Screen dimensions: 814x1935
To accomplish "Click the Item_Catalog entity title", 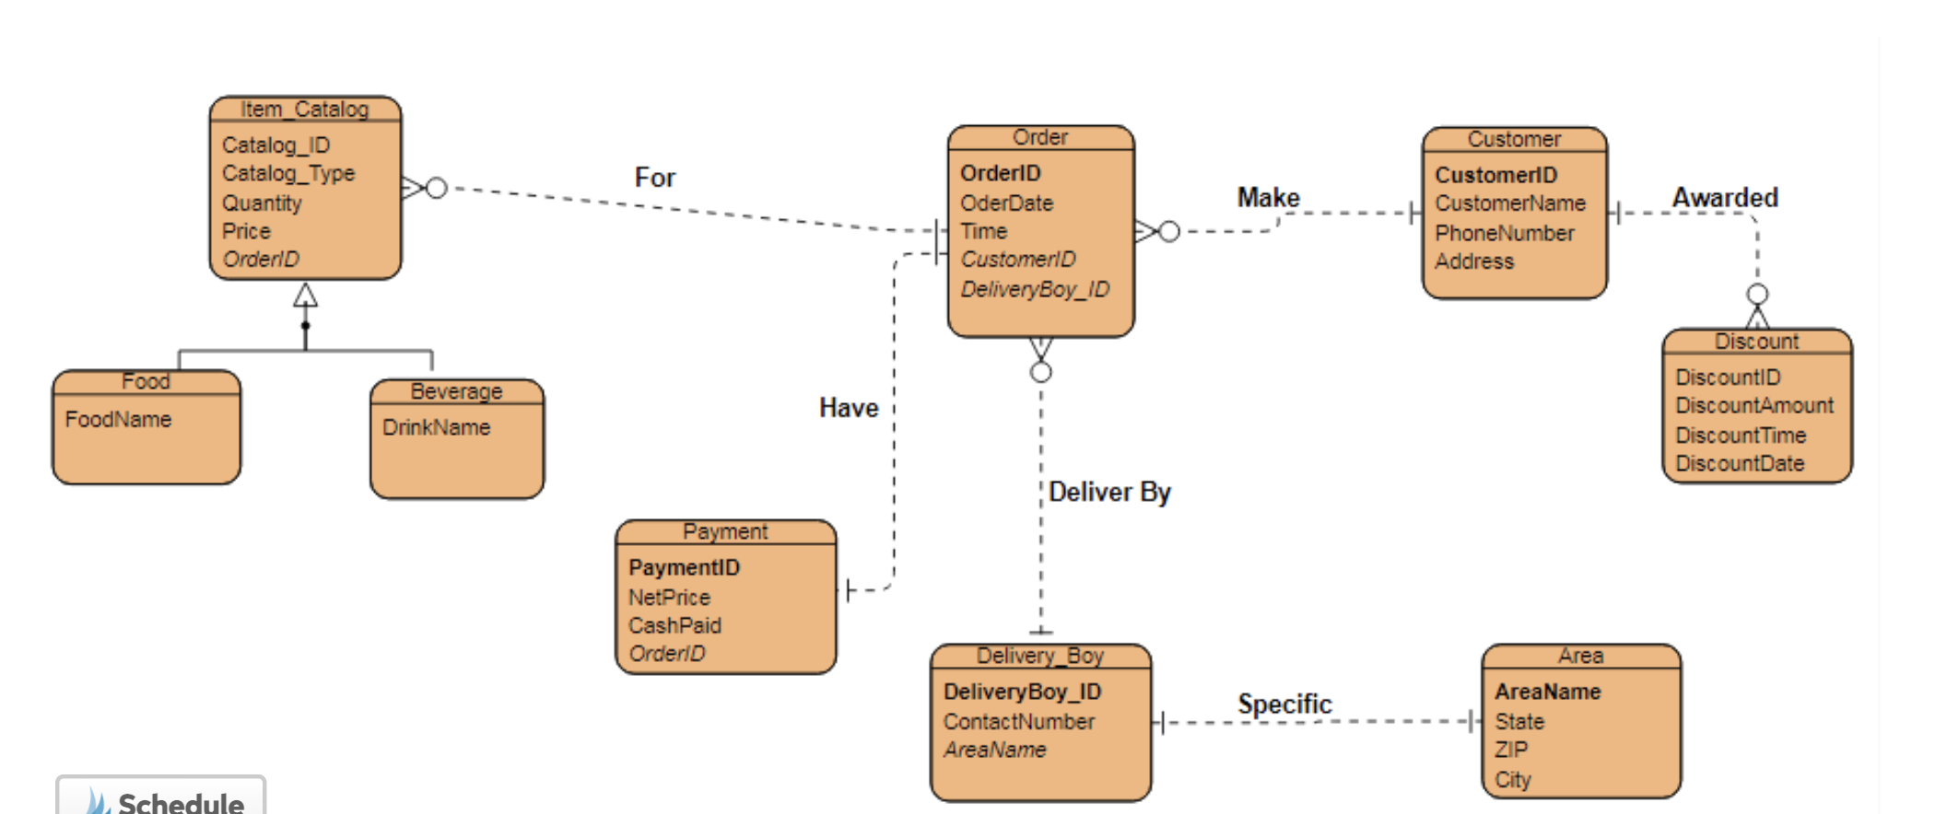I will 304,110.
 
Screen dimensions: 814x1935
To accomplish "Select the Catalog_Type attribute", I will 287,173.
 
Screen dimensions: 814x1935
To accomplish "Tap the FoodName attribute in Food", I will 118,419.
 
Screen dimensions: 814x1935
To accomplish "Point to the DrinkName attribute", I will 436,427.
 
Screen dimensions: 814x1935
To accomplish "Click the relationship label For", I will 654,178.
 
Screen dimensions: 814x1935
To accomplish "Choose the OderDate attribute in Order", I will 1006,203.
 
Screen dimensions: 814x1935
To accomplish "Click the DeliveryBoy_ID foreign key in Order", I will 1035,289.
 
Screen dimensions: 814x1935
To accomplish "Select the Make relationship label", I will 1268,198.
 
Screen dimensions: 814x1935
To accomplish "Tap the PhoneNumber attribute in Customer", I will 1504,233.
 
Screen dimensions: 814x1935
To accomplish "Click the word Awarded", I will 1725,198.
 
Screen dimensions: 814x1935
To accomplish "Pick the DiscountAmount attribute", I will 1753,405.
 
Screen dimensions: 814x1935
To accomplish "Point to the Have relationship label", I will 849,408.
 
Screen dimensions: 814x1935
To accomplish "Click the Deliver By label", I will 1108,492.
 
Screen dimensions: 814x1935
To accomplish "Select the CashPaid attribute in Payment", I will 674,625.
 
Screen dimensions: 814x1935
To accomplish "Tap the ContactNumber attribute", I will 1018,721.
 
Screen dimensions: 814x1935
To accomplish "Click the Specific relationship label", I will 1284,704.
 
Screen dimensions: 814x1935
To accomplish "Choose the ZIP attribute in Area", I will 1510,750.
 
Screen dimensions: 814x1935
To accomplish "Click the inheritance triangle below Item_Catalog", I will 306,297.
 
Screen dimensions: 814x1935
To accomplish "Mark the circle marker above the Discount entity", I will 1757,294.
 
